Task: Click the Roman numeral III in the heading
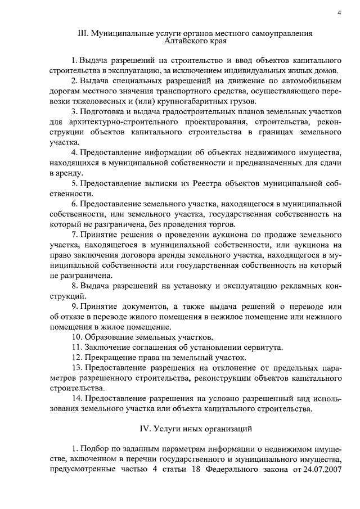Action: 82,34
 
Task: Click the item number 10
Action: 77,337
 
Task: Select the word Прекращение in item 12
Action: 110,357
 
